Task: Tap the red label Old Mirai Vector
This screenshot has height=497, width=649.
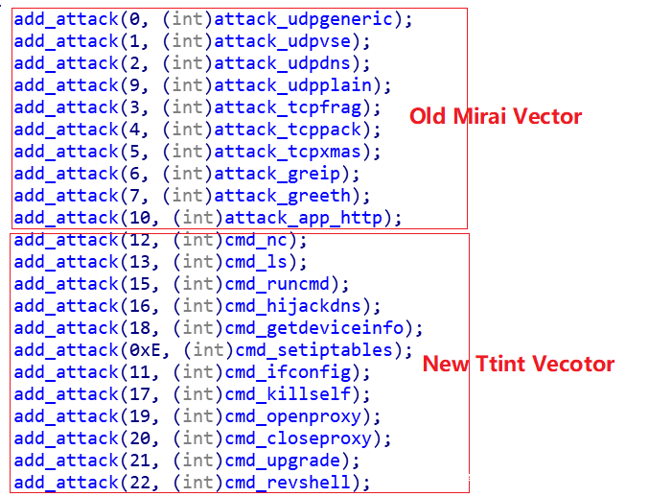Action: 496,117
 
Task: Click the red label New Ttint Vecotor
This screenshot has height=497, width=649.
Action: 519,364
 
